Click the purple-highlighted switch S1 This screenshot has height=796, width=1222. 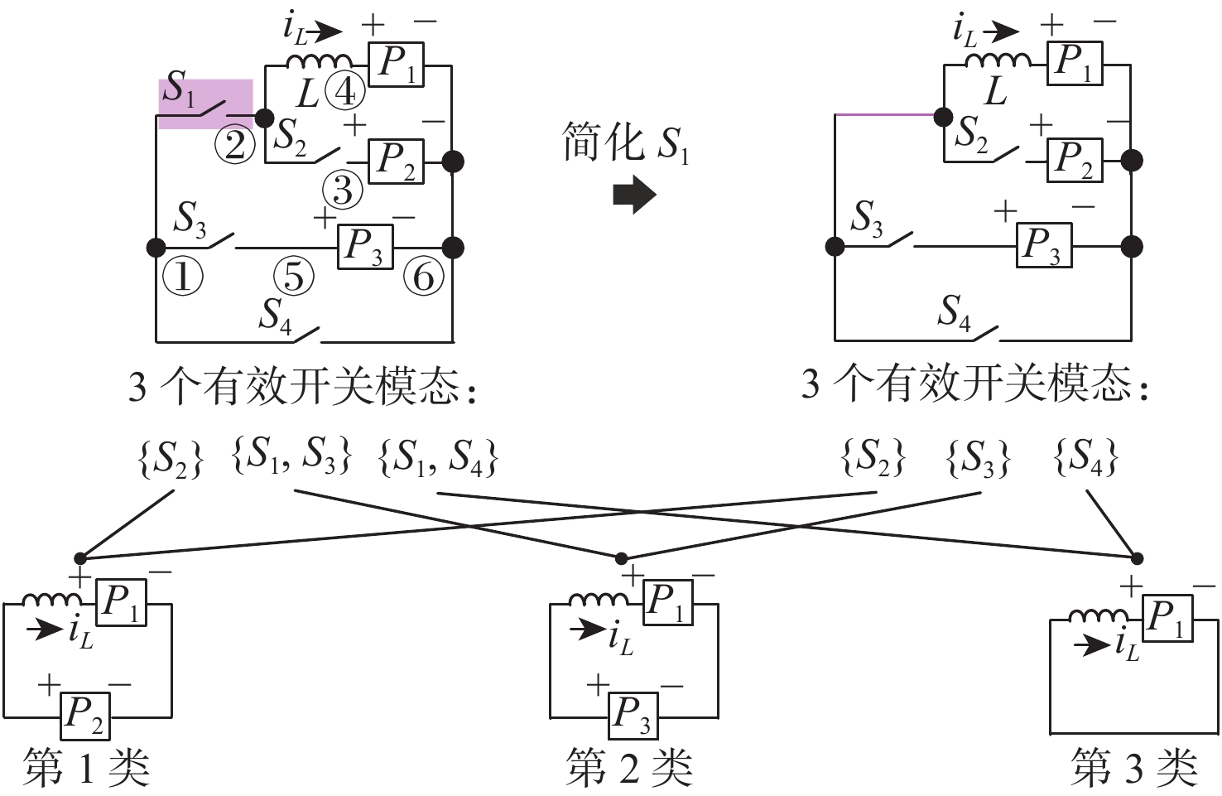coord(205,104)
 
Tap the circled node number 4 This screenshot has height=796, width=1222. coord(344,91)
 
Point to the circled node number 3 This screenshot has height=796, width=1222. coord(343,191)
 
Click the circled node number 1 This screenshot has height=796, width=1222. coord(183,277)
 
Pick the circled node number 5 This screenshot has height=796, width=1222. coord(294,277)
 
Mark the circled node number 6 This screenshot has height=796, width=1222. coord(423,277)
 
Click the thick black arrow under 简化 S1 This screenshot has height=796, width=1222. coord(634,196)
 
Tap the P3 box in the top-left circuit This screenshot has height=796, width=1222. coord(365,247)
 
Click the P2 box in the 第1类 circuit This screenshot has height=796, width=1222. coord(85,716)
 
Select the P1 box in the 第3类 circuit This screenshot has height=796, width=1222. coord(1167,620)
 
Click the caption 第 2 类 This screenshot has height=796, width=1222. coord(629,768)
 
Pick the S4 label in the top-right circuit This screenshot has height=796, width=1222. coord(954,313)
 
